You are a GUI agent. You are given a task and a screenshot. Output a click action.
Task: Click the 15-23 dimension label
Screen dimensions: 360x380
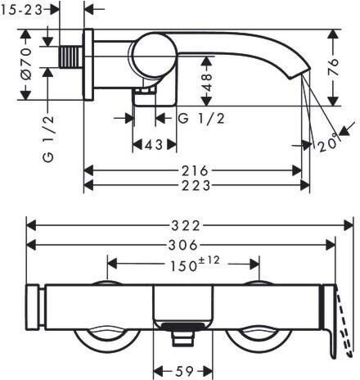[21, 10]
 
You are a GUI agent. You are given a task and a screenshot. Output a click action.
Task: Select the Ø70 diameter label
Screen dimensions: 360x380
[26, 64]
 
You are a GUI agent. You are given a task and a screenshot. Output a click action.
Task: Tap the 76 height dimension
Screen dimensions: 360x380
[333, 67]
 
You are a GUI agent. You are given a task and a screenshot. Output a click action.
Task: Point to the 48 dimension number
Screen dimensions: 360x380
[207, 82]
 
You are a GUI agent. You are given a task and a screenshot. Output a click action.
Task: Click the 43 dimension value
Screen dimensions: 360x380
[154, 145]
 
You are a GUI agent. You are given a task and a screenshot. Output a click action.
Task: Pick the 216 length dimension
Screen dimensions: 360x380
[196, 171]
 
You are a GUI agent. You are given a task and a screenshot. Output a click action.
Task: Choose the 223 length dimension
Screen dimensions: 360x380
[196, 186]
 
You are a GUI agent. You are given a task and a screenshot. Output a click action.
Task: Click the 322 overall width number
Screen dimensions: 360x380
[186, 226]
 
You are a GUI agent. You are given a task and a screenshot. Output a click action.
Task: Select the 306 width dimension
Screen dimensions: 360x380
[182, 245]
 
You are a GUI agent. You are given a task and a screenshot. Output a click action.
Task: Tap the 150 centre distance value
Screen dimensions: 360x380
[183, 266]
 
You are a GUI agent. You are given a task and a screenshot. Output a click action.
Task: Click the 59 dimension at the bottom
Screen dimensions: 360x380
[185, 371]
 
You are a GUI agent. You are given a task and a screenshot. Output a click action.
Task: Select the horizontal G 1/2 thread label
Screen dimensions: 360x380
[201, 119]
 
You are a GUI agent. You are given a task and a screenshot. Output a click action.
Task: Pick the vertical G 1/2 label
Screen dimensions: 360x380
[48, 139]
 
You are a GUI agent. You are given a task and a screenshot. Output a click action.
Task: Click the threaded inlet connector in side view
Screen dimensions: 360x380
[70, 57]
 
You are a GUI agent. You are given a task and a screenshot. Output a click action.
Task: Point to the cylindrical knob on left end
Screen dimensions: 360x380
[33, 307]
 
